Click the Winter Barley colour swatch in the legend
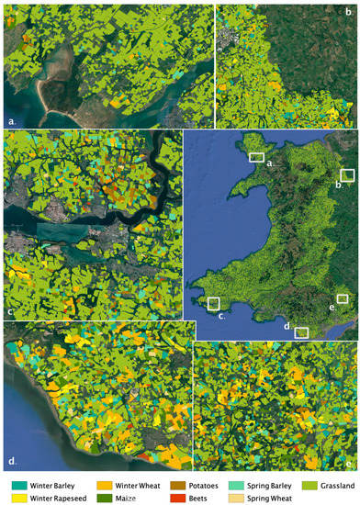[x=19, y=483]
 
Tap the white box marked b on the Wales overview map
[x=347, y=174]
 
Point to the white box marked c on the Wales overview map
[x=213, y=303]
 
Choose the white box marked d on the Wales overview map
[x=300, y=332]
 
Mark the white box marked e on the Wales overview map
[x=343, y=298]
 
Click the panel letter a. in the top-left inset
[x=12, y=120]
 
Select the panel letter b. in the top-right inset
[x=348, y=13]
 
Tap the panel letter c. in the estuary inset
[x=10, y=312]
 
